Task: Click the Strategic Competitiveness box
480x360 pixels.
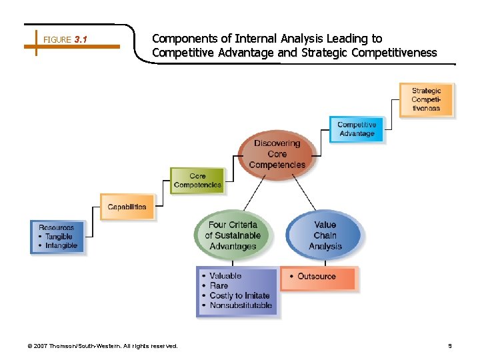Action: [x=426, y=99]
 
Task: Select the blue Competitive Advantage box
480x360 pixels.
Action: [x=357, y=129]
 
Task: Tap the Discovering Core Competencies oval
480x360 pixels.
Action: [x=277, y=154]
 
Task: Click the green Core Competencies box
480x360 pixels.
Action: [x=197, y=181]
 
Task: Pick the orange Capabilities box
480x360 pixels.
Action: [x=127, y=207]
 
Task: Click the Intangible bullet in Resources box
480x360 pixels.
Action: [x=61, y=245]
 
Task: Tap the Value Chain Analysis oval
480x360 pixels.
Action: [x=325, y=235]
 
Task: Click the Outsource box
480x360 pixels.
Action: [x=319, y=277]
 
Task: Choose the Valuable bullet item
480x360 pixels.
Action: [x=225, y=275]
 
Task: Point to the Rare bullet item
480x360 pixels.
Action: [x=219, y=285]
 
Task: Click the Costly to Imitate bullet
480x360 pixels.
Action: [x=239, y=295]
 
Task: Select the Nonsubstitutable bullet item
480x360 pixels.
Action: [x=241, y=305]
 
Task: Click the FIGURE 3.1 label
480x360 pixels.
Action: [x=65, y=40]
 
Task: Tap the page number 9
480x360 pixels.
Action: [x=449, y=346]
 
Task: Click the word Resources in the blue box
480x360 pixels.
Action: [x=56, y=227]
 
